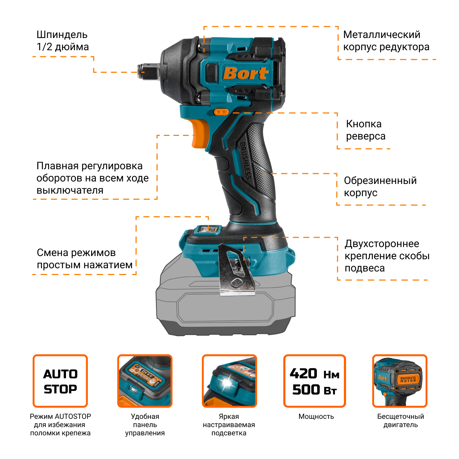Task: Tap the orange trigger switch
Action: click(x=200, y=133)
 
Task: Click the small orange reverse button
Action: click(x=221, y=112)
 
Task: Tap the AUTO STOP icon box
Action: click(x=60, y=381)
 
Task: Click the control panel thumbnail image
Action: click(x=145, y=381)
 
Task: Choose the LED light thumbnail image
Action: click(x=229, y=381)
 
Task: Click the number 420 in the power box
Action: click(x=303, y=374)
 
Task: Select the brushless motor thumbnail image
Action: click(x=400, y=381)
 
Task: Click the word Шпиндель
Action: click(x=62, y=35)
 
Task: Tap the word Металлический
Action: click(x=382, y=35)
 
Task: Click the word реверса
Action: click(x=366, y=137)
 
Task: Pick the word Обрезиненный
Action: click(x=380, y=180)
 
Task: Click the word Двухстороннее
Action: click(x=382, y=244)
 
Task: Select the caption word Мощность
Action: click(x=316, y=417)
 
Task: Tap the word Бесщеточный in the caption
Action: click(x=401, y=417)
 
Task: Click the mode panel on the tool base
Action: click(x=208, y=229)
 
